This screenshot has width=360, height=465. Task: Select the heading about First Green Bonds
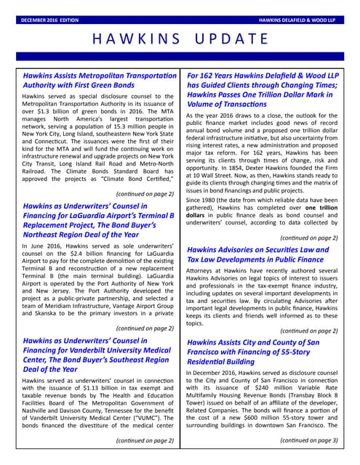(100, 80)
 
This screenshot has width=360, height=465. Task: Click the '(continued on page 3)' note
(308, 440)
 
